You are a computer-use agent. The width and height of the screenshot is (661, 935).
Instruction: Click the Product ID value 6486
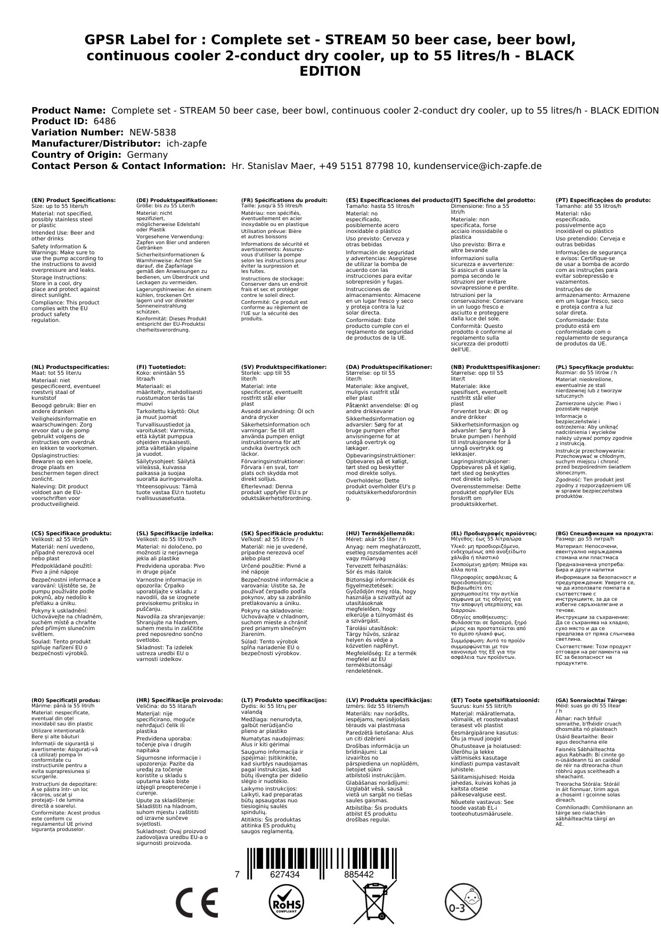pyautogui.click(x=104, y=121)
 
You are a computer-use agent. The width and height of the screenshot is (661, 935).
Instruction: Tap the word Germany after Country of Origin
pyautogui.click(x=147, y=155)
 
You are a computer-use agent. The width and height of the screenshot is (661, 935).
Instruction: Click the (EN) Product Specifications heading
pyautogui.click(x=74, y=200)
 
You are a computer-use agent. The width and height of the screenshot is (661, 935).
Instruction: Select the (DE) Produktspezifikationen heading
pyautogui.click(x=177, y=200)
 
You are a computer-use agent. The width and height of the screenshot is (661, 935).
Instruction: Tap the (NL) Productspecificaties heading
pyautogui.click(x=70, y=367)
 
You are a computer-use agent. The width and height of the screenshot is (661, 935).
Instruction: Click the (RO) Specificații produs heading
pyautogui.click(x=66, y=700)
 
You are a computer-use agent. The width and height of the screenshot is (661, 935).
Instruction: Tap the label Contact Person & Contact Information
pyautogui.click(x=128, y=166)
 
